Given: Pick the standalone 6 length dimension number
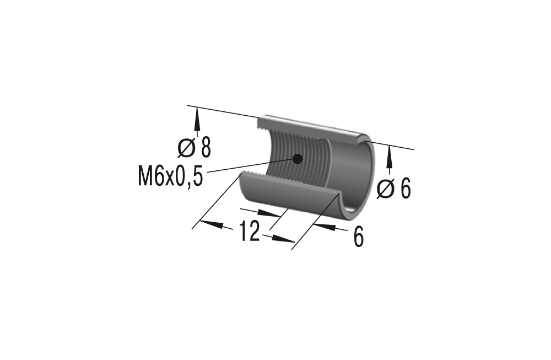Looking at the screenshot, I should coord(359,238).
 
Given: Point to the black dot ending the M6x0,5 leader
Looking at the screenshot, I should coord(298,159).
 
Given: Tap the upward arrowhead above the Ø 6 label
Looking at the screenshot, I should coord(390,158).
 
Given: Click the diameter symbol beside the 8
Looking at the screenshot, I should coord(186,148).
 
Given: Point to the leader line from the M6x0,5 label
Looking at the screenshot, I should coord(248,166).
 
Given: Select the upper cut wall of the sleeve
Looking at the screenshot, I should coord(309,126).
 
